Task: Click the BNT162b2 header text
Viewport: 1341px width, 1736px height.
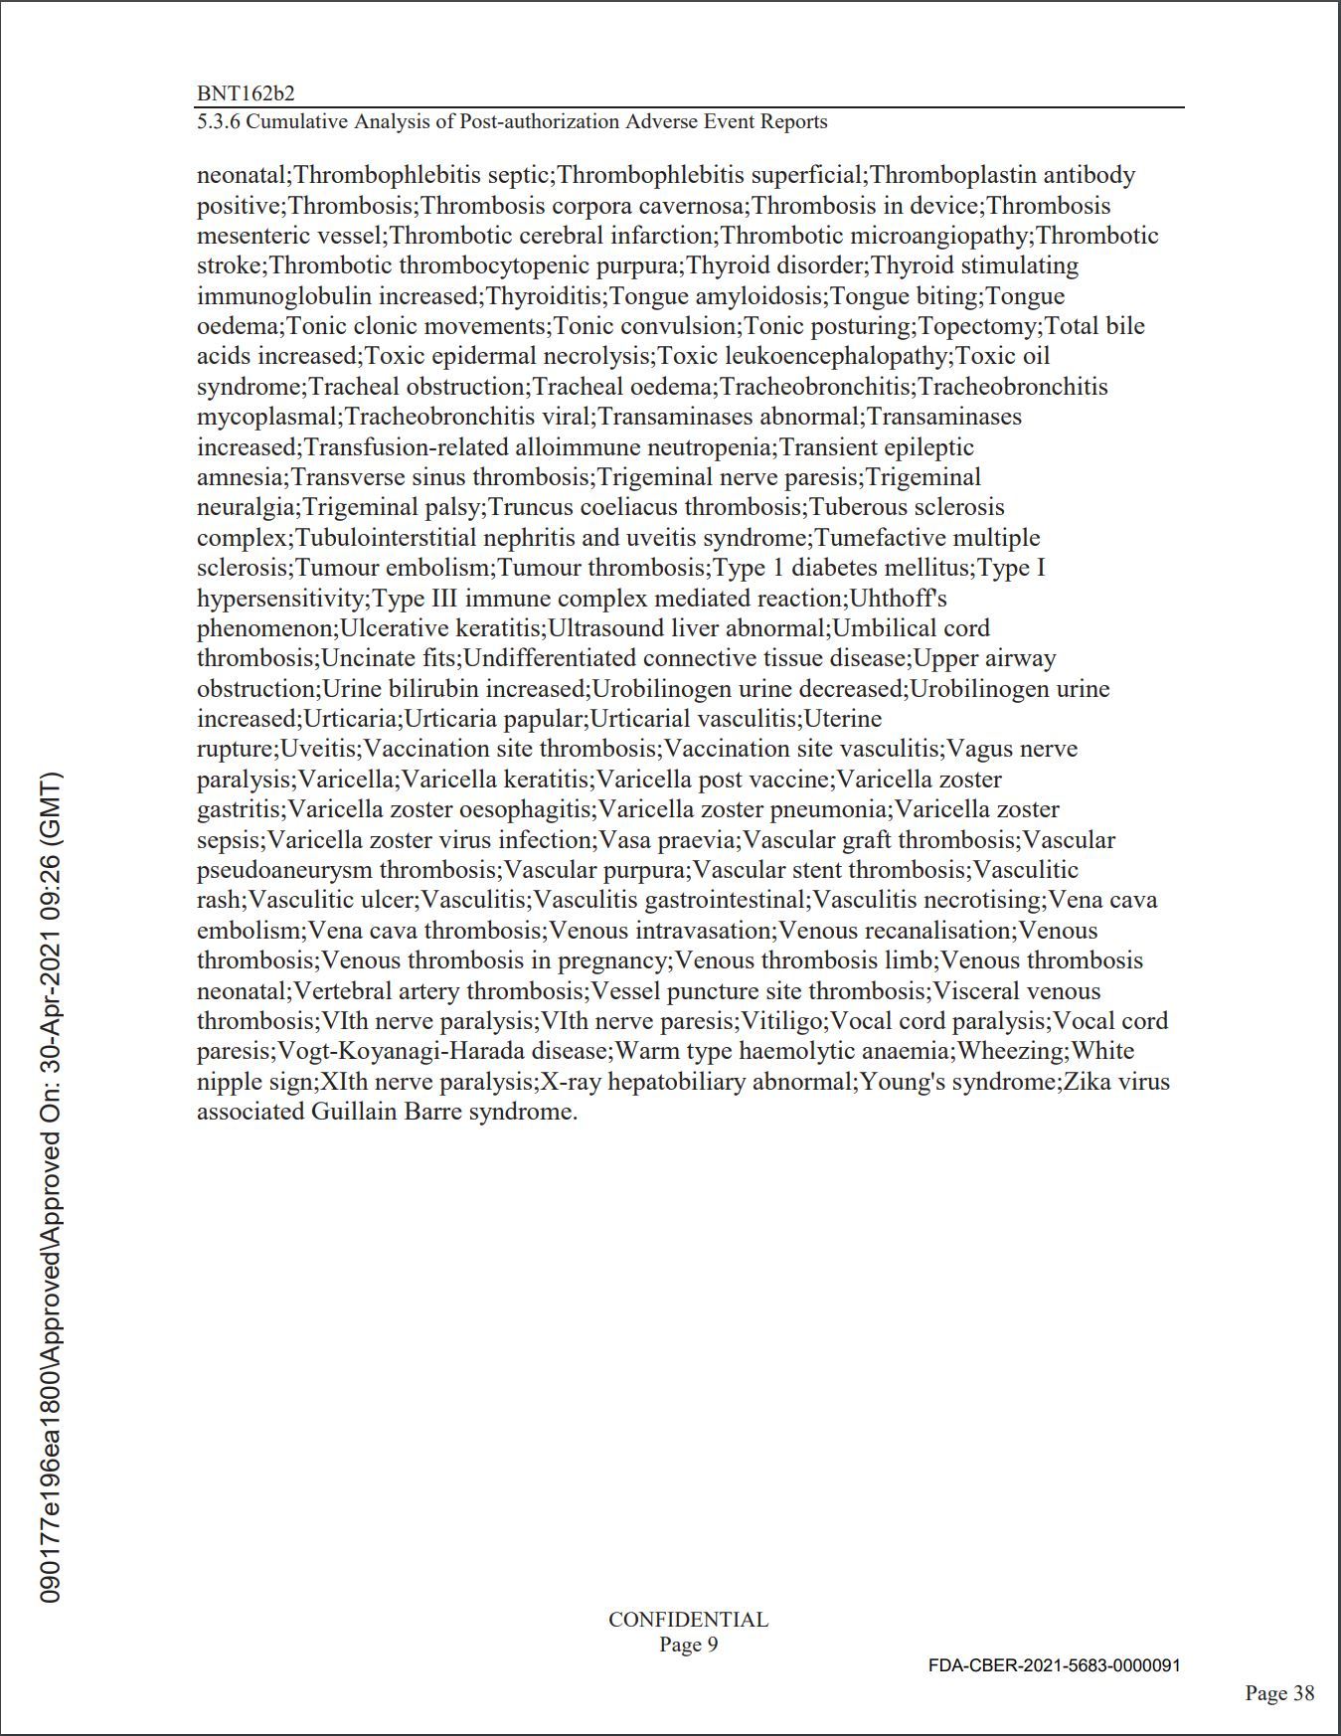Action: click(x=246, y=93)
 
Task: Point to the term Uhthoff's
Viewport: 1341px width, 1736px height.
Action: click(x=899, y=599)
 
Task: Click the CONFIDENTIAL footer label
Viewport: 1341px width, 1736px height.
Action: click(x=688, y=1620)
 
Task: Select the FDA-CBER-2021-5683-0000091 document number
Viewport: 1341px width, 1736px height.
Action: click(x=1054, y=1665)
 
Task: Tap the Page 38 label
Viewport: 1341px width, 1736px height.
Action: click(x=1279, y=1693)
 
